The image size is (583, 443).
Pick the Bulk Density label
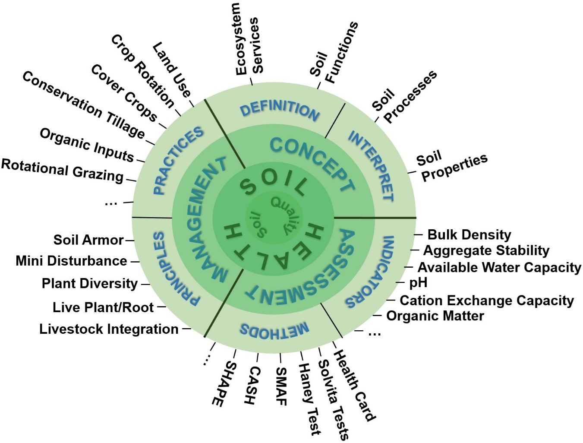(469, 235)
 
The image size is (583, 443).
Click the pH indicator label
(418, 283)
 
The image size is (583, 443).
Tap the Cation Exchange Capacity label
(487, 300)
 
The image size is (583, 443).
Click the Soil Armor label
(88, 240)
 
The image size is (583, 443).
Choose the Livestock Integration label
(109, 329)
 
